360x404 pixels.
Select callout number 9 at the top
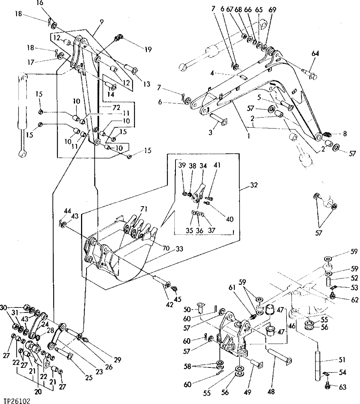pos(102,22)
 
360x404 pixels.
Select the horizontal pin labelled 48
pos(279,356)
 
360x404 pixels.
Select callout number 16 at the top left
pos(40,3)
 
